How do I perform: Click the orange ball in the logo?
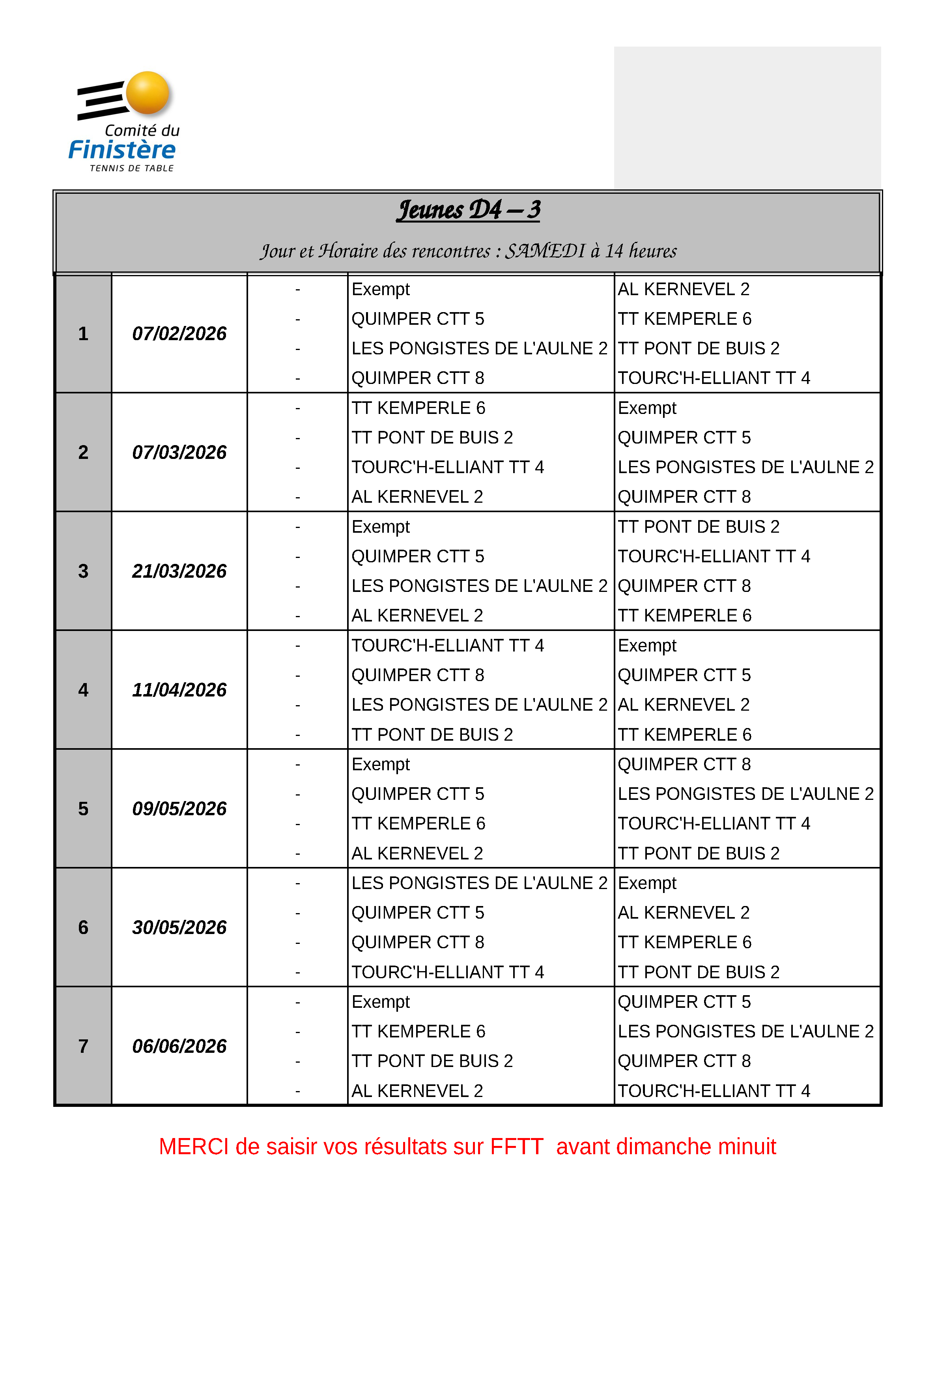(x=148, y=93)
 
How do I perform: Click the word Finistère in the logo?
(x=122, y=150)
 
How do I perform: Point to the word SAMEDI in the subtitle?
(x=545, y=251)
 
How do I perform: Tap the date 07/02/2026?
(x=179, y=333)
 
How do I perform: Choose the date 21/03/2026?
(x=179, y=571)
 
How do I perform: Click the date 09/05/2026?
(x=179, y=809)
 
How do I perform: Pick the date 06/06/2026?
(x=179, y=1046)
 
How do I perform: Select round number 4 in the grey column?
(x=83, y=690)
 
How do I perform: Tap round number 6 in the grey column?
(x=83, y=927)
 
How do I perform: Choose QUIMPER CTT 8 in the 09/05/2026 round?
(x=684, y=764)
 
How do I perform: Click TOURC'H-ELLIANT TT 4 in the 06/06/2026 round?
(x=714, y=1091)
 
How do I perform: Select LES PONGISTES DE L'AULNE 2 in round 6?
(x=479, y=883)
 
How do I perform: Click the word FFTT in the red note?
(x=516, y=1147)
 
